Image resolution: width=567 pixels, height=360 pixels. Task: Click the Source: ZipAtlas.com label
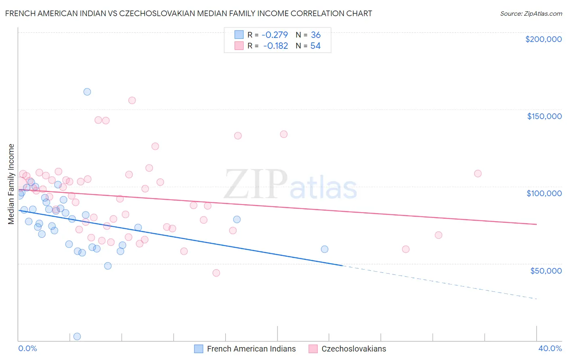(531, 13)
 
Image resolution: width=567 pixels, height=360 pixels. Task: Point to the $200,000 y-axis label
(543, 39)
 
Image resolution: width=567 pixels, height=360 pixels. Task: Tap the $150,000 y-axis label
(544, 116)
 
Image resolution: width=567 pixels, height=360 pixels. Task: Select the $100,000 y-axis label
(544, 193)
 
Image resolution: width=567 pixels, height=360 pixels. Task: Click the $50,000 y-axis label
(546, 270)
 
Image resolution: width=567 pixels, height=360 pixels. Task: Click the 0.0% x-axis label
(27, 348)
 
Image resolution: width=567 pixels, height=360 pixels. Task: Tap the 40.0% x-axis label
(550, 348)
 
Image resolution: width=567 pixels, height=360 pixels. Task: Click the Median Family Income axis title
(11, 184)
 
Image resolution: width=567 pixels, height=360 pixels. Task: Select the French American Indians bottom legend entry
(245, 349)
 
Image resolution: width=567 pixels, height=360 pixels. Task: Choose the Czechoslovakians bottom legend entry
(347, 349)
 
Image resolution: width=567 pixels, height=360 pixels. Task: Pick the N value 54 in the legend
(315, 46)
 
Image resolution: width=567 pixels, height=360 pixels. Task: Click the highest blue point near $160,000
(87, 92)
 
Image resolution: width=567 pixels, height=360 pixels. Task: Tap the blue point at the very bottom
(77, 336)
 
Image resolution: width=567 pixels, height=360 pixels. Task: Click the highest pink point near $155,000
(132, 100)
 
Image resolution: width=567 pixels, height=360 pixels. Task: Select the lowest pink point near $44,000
(216, 273)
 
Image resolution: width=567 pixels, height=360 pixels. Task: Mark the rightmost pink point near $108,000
(478, 174)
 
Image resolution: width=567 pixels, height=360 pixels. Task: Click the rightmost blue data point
(325, 249)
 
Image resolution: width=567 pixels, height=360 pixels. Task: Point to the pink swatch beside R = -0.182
(239, 46)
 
